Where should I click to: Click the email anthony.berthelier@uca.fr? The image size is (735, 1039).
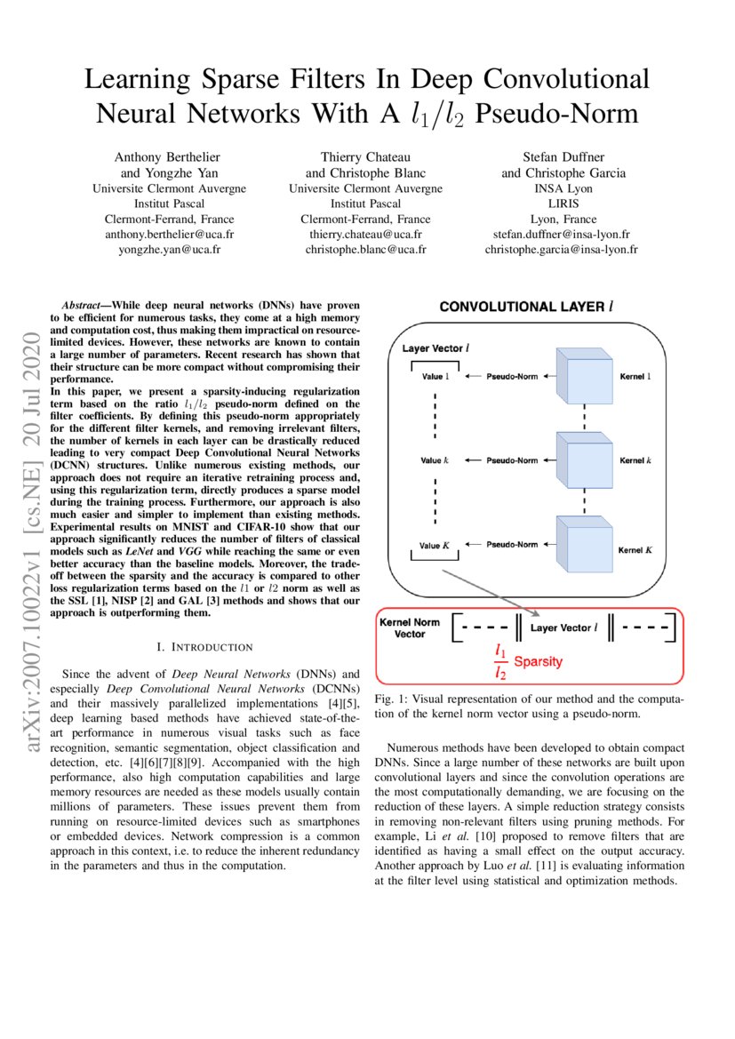pyautogui.click(x=170, y=235)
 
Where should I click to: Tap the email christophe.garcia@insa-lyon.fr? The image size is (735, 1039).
pyautogui.click(x=561, y=250)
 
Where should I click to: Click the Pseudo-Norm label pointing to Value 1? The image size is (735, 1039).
pyautogui.click(x=513, y=378)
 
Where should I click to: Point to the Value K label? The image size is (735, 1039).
pyautogui.click(x=435, y=545)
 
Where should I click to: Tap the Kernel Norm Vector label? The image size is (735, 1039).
pyautogui.click(x=410, y=627)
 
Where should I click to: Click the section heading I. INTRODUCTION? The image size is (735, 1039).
pyautogui.click(x=204, y=646)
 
